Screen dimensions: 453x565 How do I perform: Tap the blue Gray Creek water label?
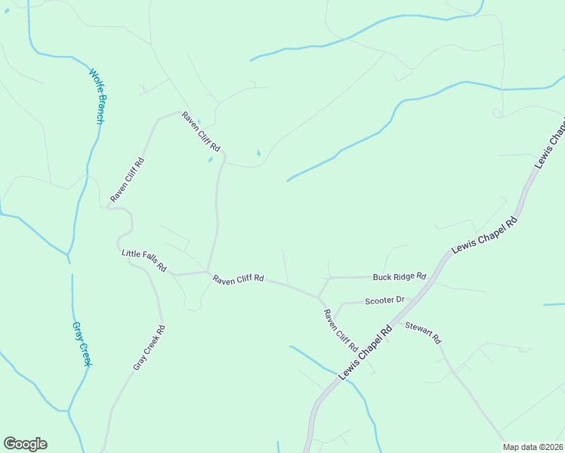point(82,345)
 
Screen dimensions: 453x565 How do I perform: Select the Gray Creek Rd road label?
point(150,347)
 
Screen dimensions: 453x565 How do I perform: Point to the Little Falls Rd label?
point(144,261)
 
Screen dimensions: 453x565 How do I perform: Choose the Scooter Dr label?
point(384,300)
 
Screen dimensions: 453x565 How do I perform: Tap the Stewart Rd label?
point(423,332)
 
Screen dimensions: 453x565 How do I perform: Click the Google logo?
point(25,444)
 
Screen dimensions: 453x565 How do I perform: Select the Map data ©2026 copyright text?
point(533,447)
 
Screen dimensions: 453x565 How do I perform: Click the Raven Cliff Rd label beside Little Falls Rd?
point(237,279)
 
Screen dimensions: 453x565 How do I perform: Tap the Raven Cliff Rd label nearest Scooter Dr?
point(340,331)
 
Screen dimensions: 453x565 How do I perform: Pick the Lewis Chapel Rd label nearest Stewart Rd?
point(367,352)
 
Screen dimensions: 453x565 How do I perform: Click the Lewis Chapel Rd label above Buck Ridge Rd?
point(483,237)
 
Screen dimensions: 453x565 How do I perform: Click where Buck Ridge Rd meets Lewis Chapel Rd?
point(432,276)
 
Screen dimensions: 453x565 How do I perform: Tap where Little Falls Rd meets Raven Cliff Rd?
point(207,272)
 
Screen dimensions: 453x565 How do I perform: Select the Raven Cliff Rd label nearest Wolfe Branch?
point(126,180)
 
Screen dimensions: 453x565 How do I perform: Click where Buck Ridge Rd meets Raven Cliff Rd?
point(330,278)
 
